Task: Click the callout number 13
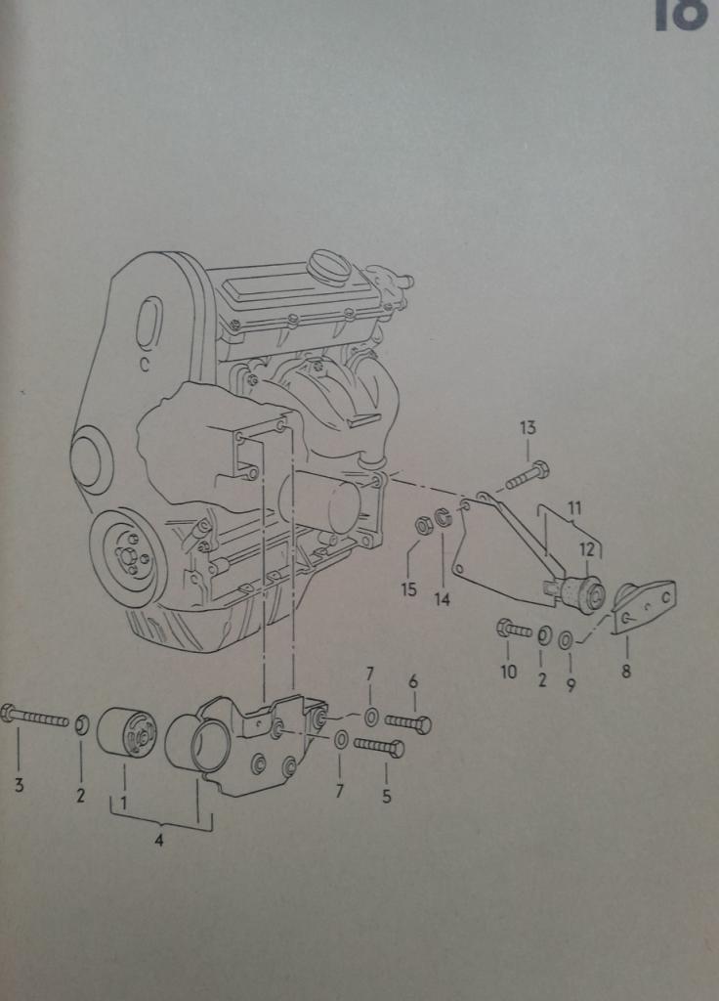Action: pyautogui.click(x=528, y=427)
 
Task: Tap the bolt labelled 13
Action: pyautogui.click(x=527, y=476)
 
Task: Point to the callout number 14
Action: pyautogui.click(x=443, y=598)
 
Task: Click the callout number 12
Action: pyautogui.click(x=586, y=549)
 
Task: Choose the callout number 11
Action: pyautogui.click(x=574, y=508)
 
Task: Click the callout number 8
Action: pyautogui.click(x=625, y=672)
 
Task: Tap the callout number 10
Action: pyautogui.click(x=508, y=673)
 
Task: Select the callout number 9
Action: pyautogui.click(x=571, y=685)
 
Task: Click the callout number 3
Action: pyautogui.click(x=19, y=784)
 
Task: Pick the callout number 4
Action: pyautogui.click(x=159, y=841)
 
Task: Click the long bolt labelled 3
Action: pyautogui.click(x=37, y=718)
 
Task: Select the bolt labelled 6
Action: pyautogui.click(x=408, y=723)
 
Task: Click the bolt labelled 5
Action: pyautogui.click(x=379, y=748)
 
